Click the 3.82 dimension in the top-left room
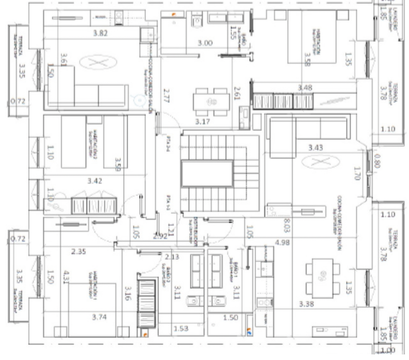pyautogui.click(x=100, y=33)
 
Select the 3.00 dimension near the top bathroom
pyautogui.click(x=205, y=43)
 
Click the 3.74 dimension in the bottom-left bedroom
pyautogui.click(x=100, y=317)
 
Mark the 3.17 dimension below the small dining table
pyautogui.click(x=202, y=122)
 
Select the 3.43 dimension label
pyautogui.click(x=317, y=148)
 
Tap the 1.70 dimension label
pyautogui.click(x=357, y=174)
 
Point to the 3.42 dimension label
pyautogui.click(x=95, y=181)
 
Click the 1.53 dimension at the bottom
pyautogui.click(x=181, y=329)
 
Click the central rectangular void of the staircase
pyautogui.click(x=208, y=175)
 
